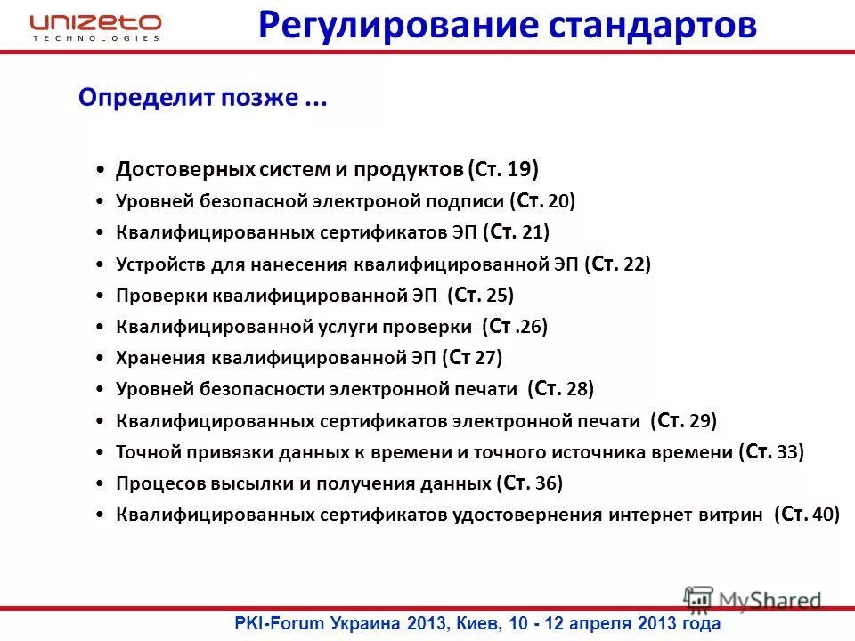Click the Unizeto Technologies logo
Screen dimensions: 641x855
coord(95,27)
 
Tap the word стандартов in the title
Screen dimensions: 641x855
coord(650,25)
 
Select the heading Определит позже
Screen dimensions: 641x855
coord(203,99)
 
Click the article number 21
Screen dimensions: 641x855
coord(533,233)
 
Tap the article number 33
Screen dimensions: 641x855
coord(787,452)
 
